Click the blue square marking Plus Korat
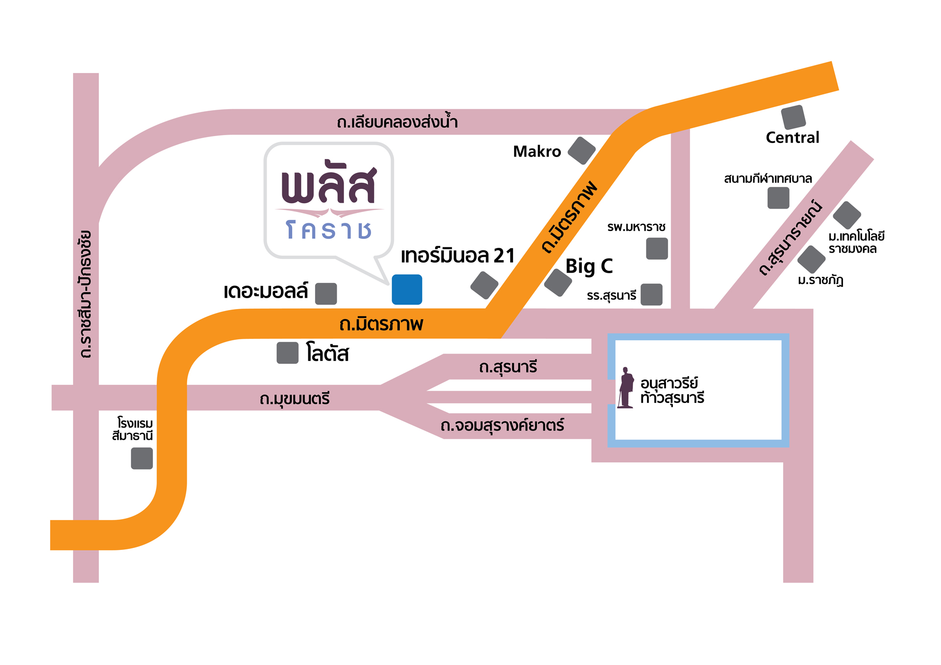pos(407,289)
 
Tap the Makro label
pos(537,151)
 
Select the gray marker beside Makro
pos(582,150)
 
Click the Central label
pos(792,138)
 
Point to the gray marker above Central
pos(793,117)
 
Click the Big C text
pos(589,266)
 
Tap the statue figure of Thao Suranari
pos(626,387)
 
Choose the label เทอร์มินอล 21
pos(457,256)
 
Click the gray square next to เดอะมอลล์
pos(326,293)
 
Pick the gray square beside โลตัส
pos(288,353)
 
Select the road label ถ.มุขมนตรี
pos(295,399)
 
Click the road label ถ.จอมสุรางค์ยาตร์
pos(502,425)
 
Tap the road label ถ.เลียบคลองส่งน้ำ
pos(397,121)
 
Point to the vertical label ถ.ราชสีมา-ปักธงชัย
pos(86,294)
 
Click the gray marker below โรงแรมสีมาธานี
pos(142,458)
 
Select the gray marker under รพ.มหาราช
pos(657,248)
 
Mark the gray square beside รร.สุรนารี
pos(651,294)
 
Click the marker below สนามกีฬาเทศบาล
pos(778,198)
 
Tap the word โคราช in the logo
pos(329,230)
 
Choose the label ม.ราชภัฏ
pos(820,280)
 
